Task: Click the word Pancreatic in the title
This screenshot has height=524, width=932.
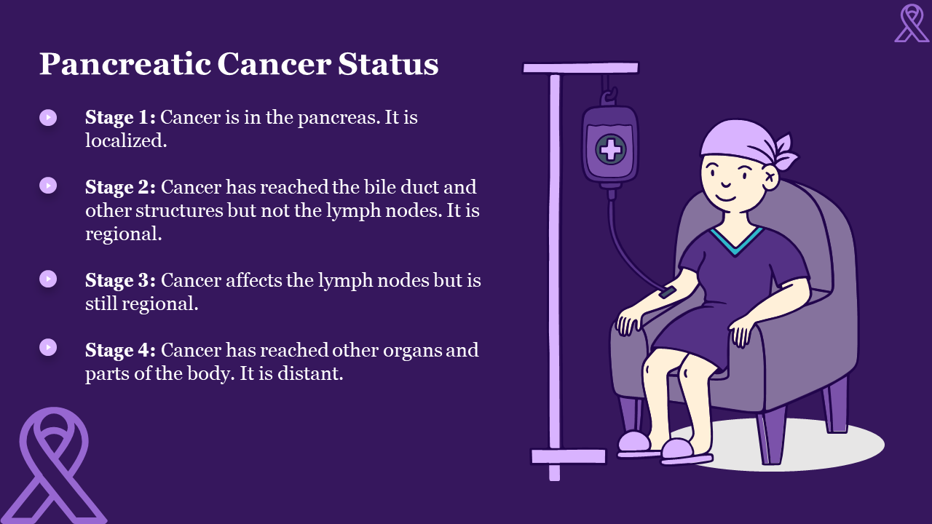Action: tap(125, 64)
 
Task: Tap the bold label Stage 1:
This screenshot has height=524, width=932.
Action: tap(120, 117)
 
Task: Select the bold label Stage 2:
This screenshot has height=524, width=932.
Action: tap(121, 188)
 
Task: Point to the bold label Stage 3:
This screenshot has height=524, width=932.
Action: tap(121, 280)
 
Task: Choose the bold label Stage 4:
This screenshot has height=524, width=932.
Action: tap(121, 350)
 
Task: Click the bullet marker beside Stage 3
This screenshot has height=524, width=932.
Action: tap(48, 279)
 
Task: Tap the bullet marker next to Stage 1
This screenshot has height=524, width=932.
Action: tap(48, 118)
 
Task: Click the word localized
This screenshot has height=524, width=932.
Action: tap(126, 140)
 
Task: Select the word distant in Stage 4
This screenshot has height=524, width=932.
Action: tap(310, 373)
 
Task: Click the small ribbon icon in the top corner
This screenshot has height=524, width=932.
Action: tap(912, 23)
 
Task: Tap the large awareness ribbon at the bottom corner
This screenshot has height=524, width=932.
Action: tap(54, 465)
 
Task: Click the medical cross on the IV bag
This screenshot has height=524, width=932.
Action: tap(610, 149)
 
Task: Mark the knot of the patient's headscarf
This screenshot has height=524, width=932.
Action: tap(783, 153)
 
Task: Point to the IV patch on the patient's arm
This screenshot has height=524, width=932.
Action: tap(667, 293)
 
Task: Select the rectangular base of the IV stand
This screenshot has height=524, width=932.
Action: tap(569, 456)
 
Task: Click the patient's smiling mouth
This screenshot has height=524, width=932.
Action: tap(726, 196)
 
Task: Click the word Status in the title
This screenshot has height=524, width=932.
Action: tap(388, 64)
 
